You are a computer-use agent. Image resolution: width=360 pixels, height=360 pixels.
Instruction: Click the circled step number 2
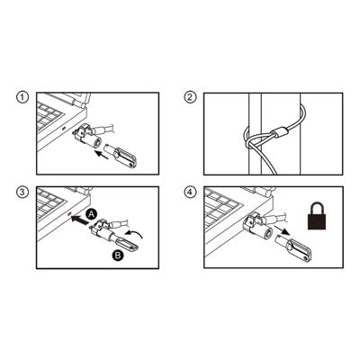point(190,97)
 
